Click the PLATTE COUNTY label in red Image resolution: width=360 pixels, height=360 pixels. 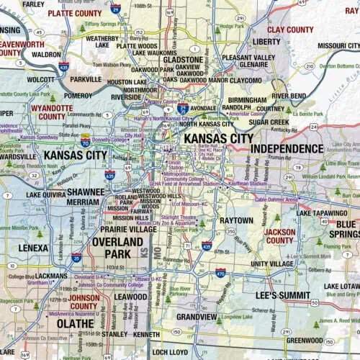[x=75, y=13]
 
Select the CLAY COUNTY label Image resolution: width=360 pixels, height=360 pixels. [x=290, y=30]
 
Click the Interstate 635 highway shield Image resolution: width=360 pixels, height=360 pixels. [x=109, y=174]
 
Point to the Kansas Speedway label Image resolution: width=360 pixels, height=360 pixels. [x=39, y=136]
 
